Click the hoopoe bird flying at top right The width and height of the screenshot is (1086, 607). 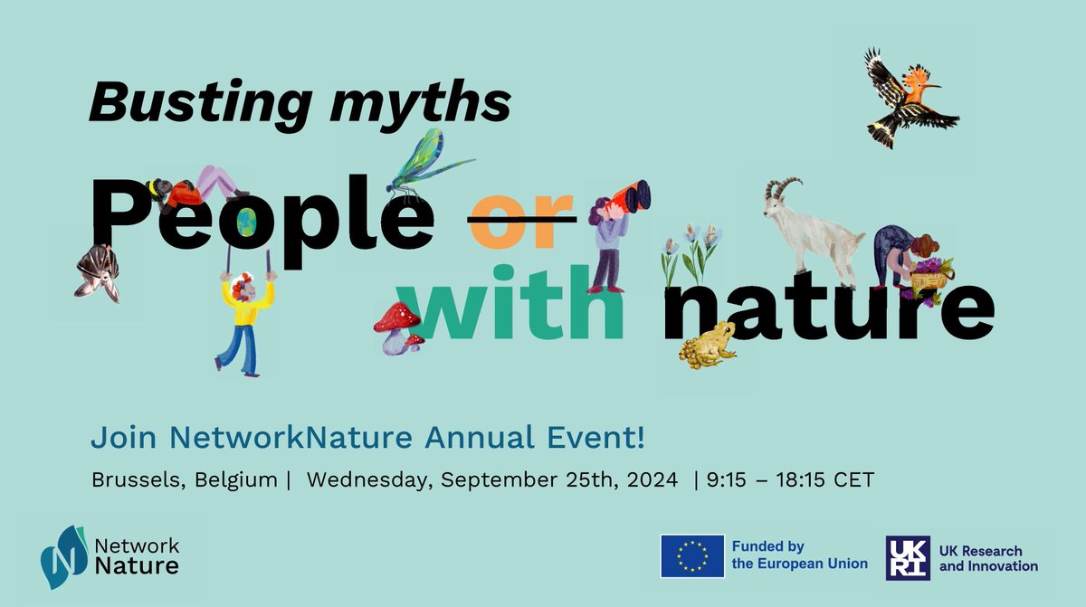(908, 98)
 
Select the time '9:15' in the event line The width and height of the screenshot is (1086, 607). (729, 479)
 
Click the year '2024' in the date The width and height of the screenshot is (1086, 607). (653, 479)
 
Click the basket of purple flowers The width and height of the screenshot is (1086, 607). (930, 273)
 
